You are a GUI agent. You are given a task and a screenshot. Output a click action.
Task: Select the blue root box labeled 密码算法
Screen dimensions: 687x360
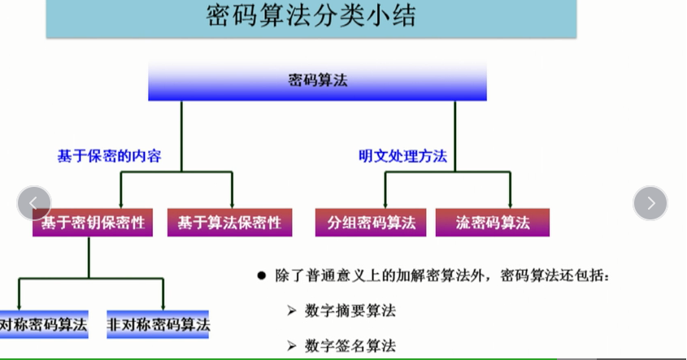[x=317, y=80]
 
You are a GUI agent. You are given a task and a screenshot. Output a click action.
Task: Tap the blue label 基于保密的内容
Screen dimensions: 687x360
[x=109, y=156]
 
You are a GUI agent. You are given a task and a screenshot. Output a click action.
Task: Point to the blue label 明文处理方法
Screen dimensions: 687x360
[x=403, y=156]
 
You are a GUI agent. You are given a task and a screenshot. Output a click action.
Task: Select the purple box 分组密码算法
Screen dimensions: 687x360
[x=372, y=222]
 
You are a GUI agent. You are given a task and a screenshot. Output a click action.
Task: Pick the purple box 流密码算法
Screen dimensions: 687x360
[x=493, y=222]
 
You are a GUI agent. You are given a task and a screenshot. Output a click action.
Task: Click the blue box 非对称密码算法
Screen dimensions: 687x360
[x=159, y=325]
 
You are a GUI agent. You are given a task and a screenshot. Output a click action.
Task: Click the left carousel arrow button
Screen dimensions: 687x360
[x=34, y=203]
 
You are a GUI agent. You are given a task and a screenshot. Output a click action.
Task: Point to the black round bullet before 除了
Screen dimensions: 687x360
[x=262, y=276]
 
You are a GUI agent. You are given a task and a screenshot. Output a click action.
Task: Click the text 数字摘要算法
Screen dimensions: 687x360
[x=350, y=310]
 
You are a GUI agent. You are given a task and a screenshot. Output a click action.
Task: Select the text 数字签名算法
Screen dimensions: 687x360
[x=350, y=345]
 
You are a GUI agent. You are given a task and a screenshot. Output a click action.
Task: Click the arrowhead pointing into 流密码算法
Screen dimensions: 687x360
[x=511, y=203]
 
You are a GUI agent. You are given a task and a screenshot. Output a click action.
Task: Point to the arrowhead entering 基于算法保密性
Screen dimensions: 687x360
[x=233, y=203]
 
